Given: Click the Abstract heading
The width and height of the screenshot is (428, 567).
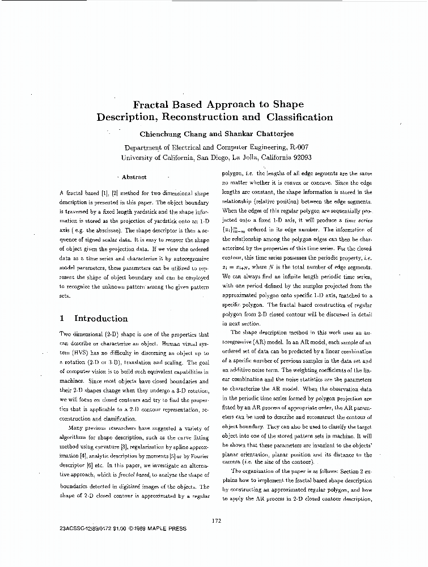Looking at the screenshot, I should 134,177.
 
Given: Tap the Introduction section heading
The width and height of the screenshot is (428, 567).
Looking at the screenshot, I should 101,319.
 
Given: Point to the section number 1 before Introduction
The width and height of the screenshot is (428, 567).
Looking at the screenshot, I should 62,319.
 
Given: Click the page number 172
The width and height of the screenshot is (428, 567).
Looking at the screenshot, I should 215,521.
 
